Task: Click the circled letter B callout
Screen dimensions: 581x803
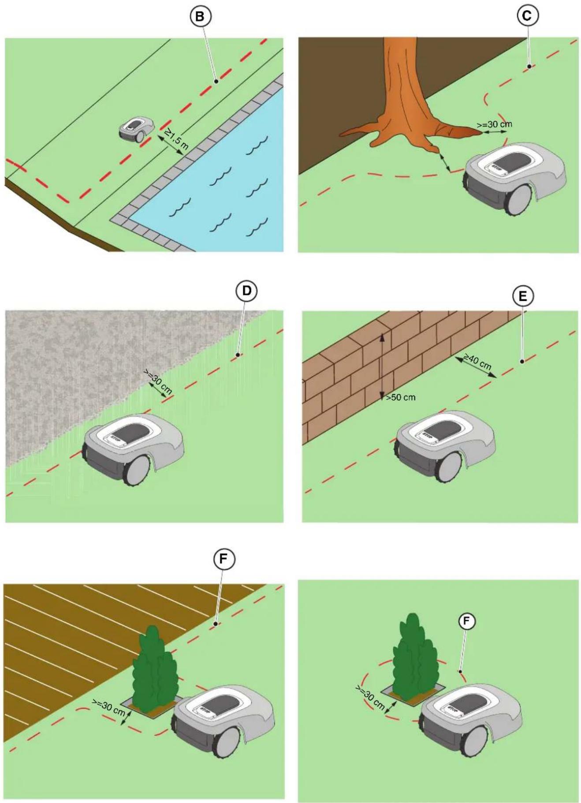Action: (200, 17)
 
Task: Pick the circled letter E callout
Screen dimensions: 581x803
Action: (523, 297)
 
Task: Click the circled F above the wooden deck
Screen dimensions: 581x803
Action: (224, 560)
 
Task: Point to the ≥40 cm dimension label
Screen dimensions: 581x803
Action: (477, 361)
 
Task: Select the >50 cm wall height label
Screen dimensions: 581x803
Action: (401, 397)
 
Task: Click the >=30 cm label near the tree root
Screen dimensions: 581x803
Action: (495, 124)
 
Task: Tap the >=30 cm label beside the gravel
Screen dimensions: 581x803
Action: (158, 382)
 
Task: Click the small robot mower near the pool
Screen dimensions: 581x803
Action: (135, 129)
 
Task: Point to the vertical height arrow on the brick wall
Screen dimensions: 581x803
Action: (382, 366)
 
